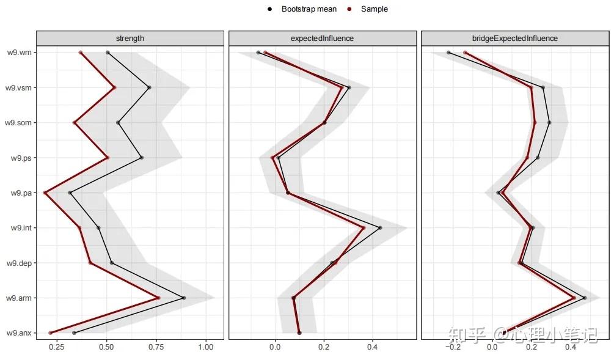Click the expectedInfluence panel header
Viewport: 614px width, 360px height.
322,38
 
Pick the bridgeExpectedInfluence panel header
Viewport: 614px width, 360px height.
515,38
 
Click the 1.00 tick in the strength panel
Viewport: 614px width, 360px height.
206,348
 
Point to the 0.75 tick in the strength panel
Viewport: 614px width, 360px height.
156,348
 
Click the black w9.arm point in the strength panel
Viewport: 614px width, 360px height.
183,298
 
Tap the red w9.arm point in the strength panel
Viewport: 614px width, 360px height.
158,298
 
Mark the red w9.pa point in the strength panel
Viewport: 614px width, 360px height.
46,193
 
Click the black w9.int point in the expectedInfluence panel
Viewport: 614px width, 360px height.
380,228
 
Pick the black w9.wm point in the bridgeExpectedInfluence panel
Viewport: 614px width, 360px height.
449,53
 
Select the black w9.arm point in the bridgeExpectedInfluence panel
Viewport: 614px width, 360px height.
585,298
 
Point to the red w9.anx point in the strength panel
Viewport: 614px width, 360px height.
51,333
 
